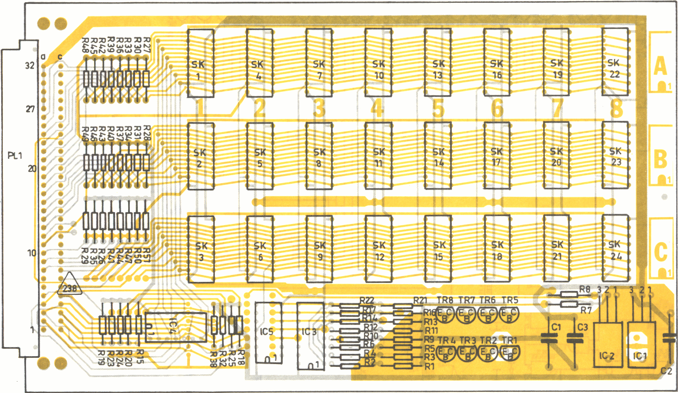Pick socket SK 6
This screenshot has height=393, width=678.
click(x=260, y=249)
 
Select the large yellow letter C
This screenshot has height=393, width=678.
click(x=659, y=252)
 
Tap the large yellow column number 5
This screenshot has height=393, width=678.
click(x=437, y=108)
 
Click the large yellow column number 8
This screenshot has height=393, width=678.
click(x=616, y=108)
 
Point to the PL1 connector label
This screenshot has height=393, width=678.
click(x=15, y=155)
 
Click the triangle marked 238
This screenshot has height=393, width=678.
click(x=70, y=285)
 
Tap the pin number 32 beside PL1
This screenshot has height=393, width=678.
click(x=30, y=65)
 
